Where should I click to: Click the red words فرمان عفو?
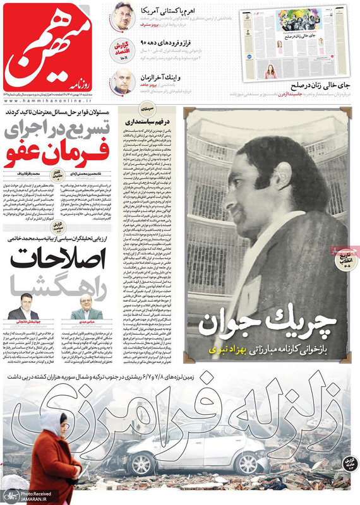coord(59,154)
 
